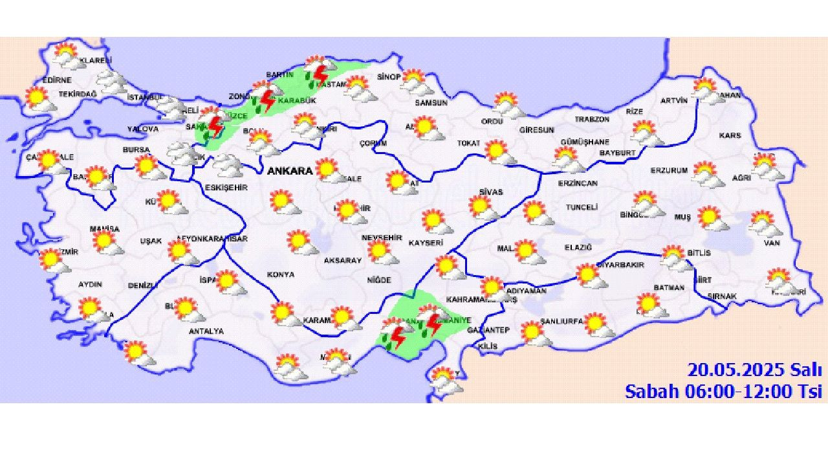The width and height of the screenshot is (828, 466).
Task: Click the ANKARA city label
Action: click(289, 172)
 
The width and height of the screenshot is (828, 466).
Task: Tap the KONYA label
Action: click(280, 274)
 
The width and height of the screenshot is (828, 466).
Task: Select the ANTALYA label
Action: click(206, 331)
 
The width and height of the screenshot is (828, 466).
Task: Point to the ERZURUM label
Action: click(669, 171)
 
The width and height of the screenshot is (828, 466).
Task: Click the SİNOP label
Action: click(389, 77)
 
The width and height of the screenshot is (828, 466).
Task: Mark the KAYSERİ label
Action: click(426, 243)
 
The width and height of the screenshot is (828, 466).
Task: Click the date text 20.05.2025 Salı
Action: click(754, 370)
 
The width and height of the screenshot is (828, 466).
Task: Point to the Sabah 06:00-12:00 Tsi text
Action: click(723, 391)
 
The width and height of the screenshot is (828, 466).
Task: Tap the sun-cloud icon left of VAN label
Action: click(765, 224)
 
